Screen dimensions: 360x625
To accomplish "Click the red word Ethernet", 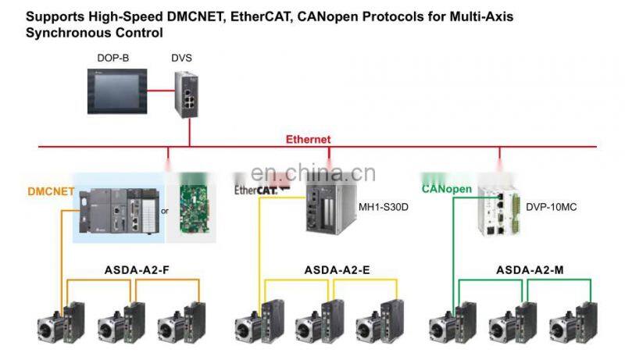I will tap(308, 139).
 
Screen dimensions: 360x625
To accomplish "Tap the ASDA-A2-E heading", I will tap(337, 271).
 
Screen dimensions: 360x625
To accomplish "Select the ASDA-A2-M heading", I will tap(529, 271).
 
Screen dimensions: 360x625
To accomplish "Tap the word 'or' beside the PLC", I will tap(165, 212).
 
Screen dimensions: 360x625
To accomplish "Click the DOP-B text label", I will tap(112, 58).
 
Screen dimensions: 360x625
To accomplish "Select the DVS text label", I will tap(181, 58).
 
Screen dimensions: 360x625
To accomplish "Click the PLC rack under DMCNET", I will tap(116, 211).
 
